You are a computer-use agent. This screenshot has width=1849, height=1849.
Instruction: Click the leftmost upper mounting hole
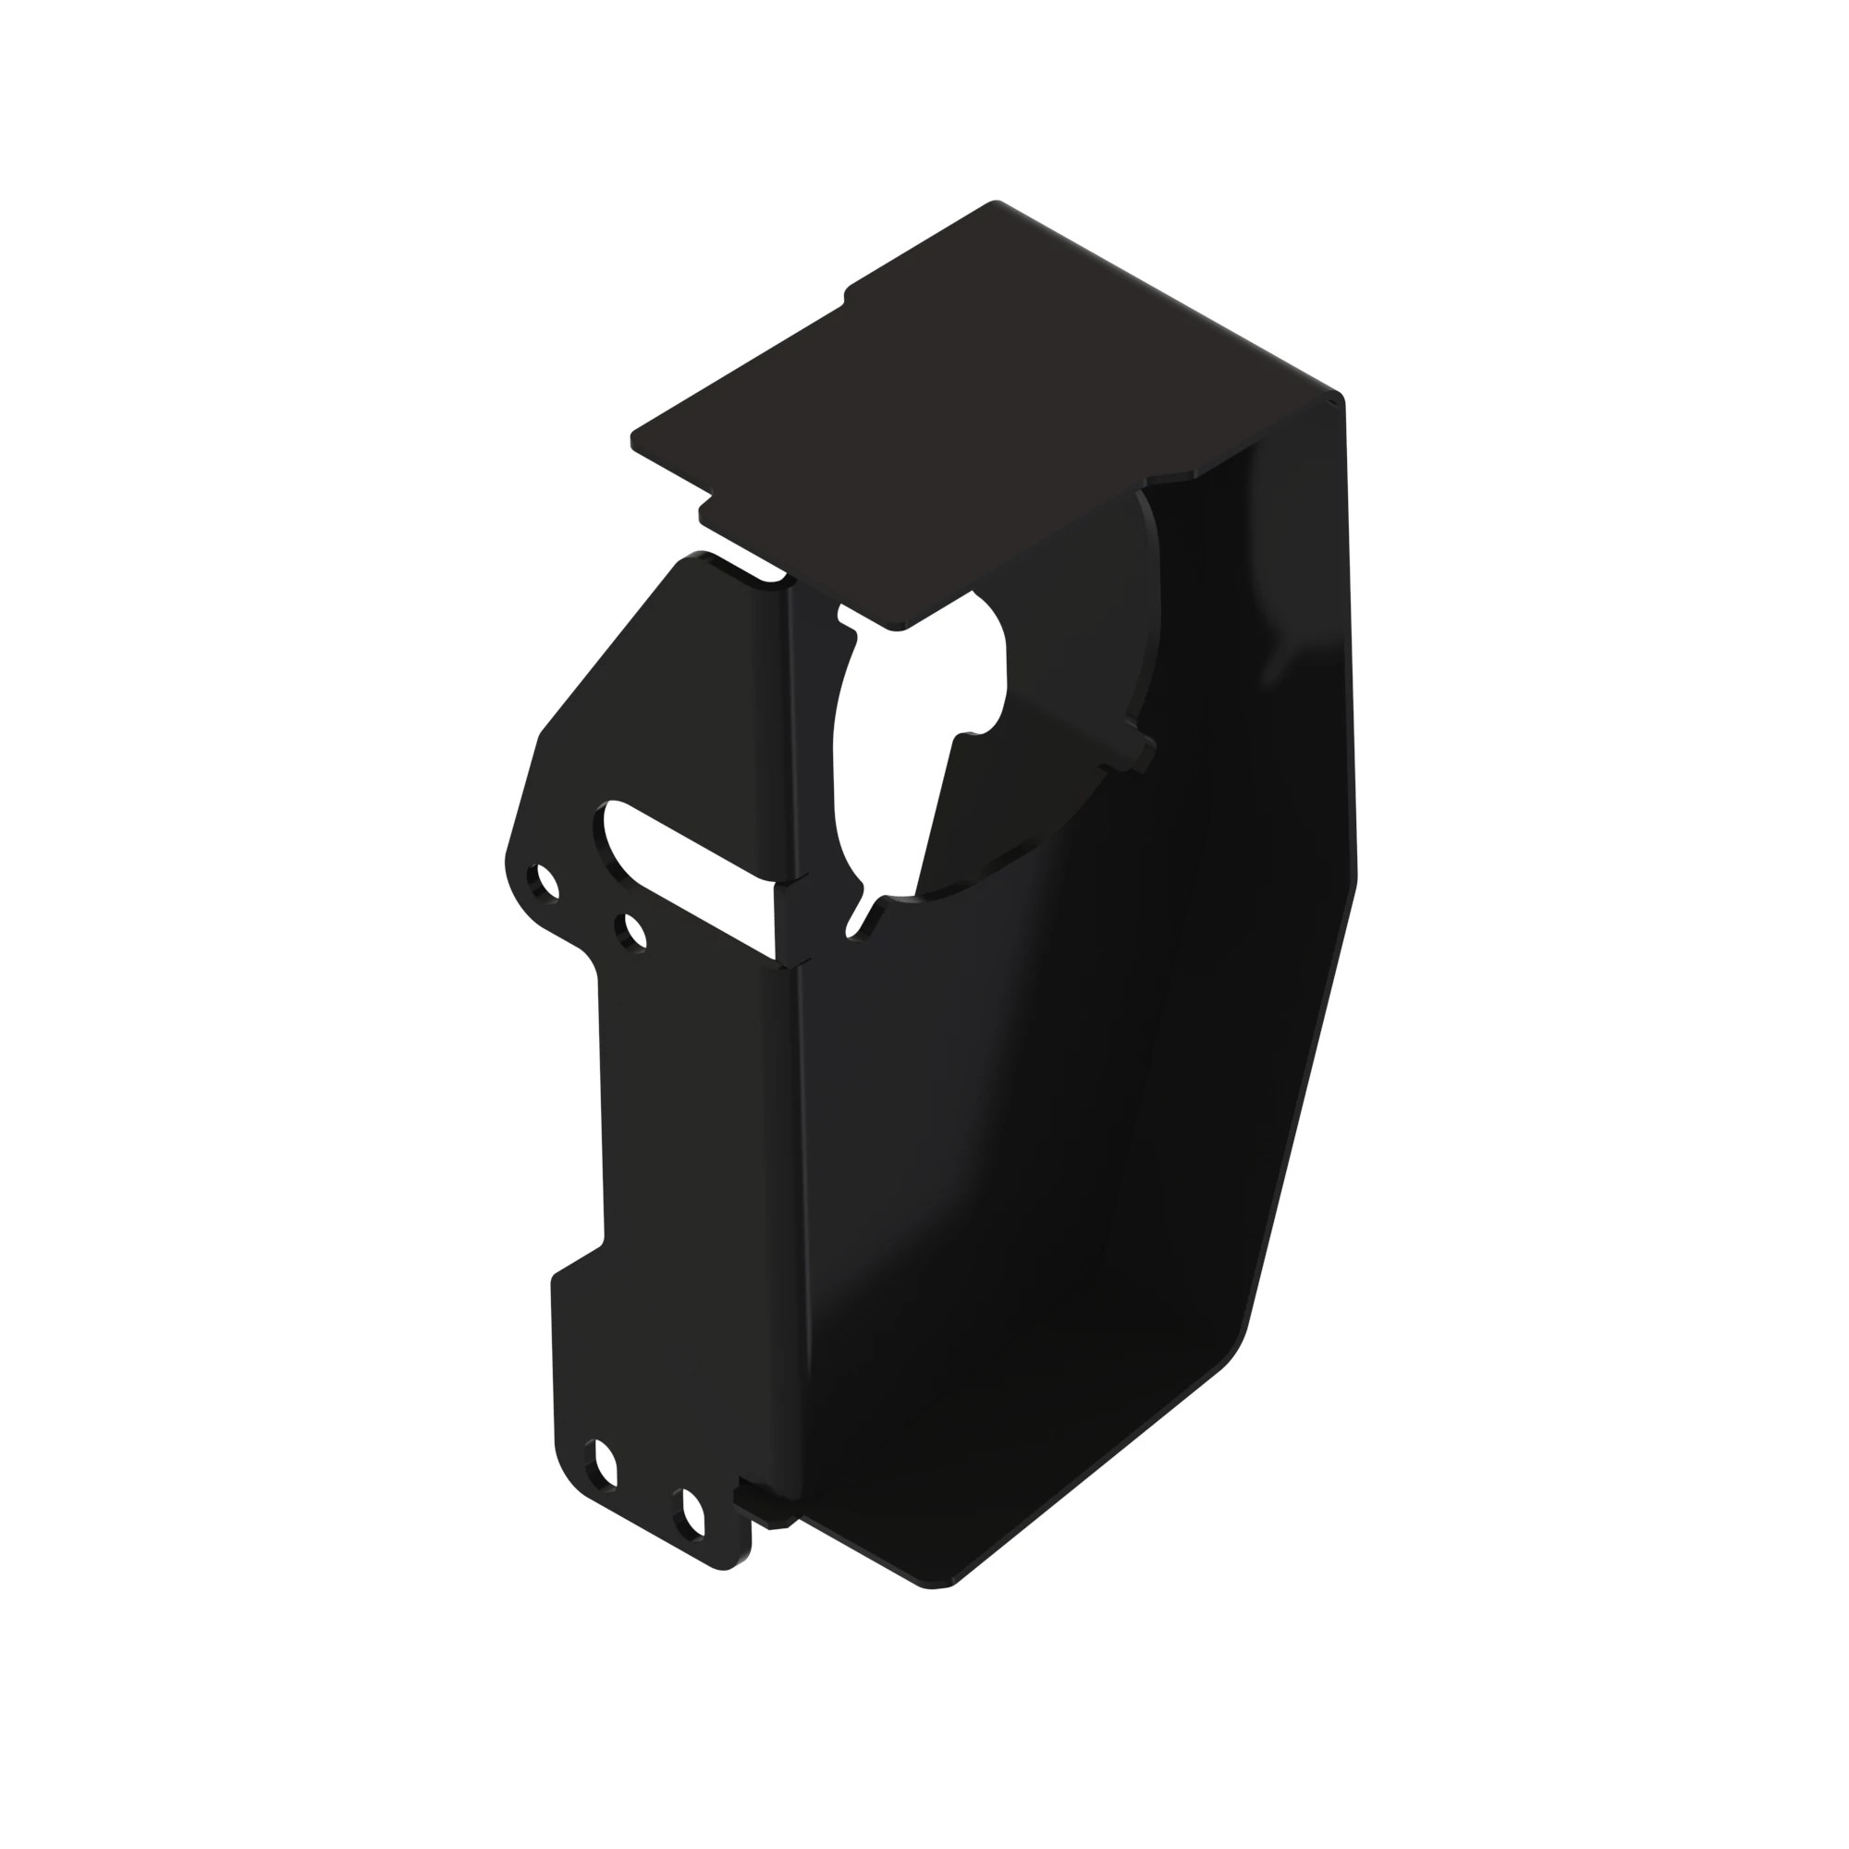click(x=547, y=880)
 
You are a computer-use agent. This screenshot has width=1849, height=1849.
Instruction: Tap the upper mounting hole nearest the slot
click(x=633, y=930)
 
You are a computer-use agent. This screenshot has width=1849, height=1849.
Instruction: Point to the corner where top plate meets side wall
click(x=1335, y=398)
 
